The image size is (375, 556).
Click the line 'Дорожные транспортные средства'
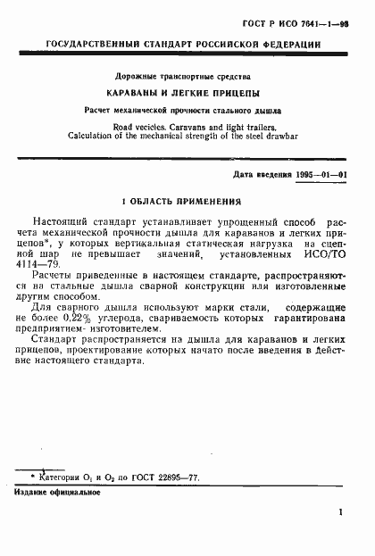187,77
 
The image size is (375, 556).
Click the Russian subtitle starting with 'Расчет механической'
187,112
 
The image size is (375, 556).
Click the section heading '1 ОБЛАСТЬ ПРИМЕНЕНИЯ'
187,202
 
